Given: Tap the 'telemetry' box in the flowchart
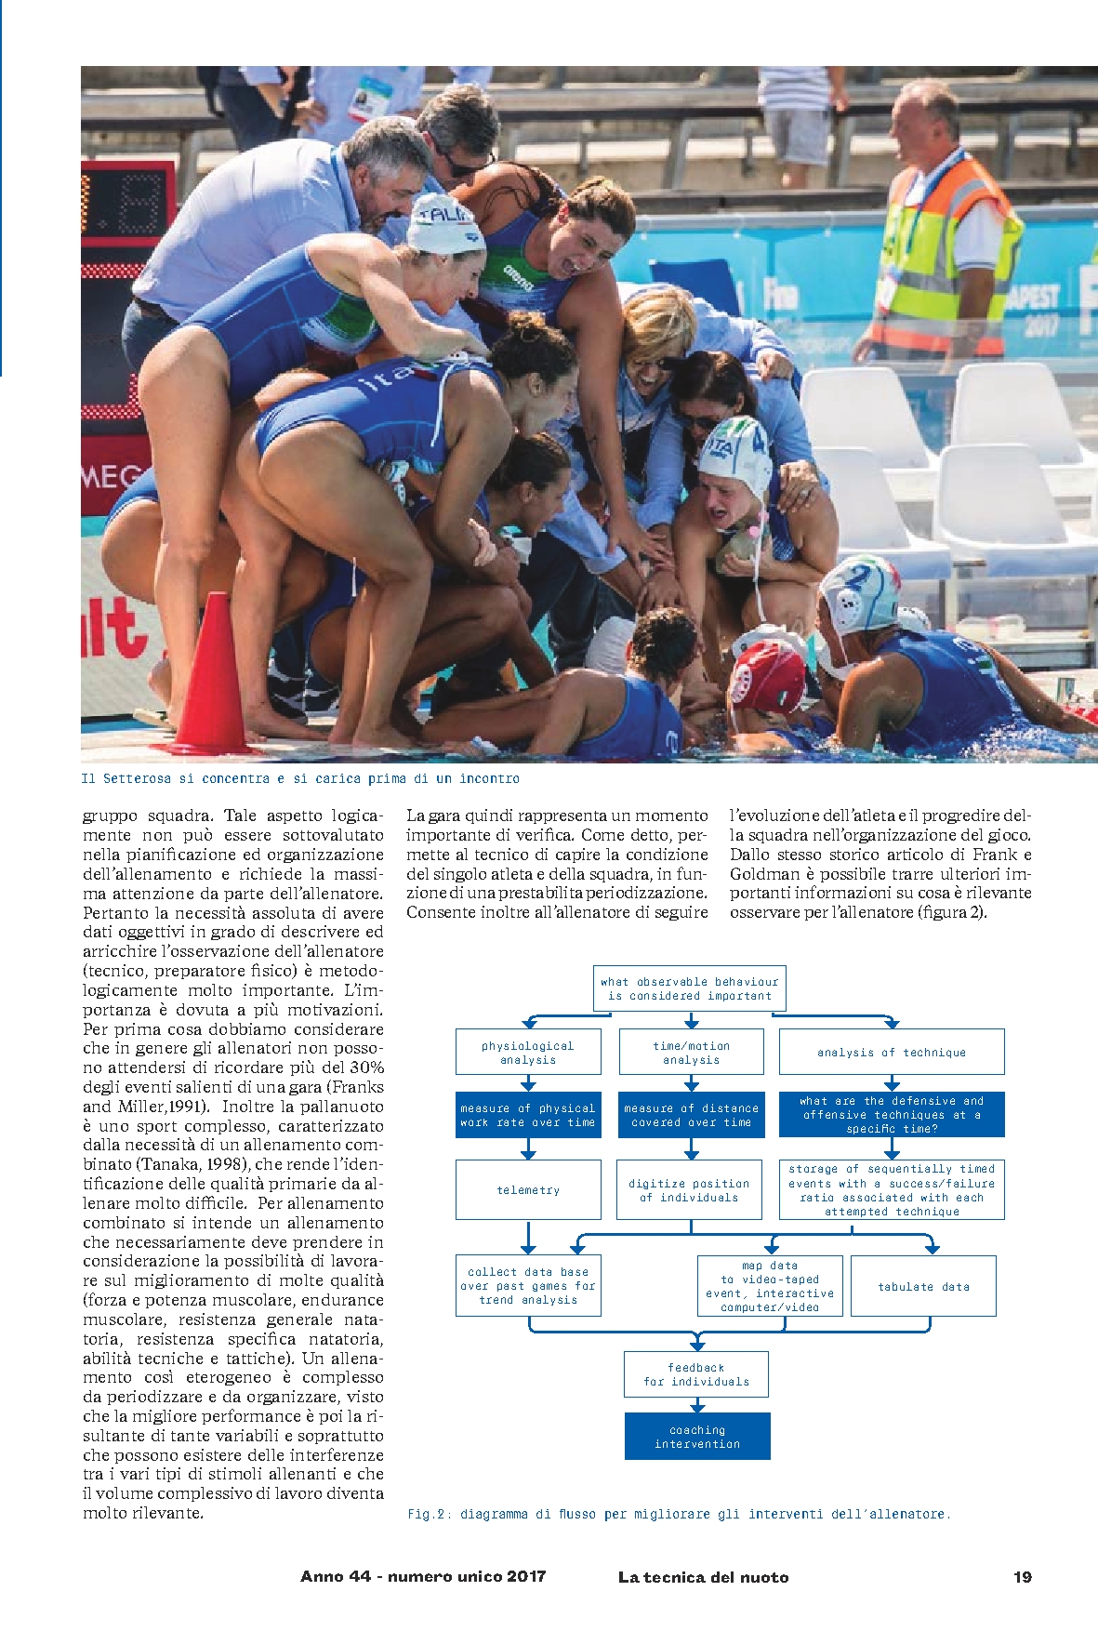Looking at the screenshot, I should [528, 1189].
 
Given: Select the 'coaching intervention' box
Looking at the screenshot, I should [697, 1437].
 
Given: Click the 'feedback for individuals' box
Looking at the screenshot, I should [696, 1374].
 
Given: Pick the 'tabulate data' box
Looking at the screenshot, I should [923, 1286].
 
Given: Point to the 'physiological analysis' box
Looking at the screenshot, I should [528, 1052].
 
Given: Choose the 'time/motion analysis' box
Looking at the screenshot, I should [691, 1052].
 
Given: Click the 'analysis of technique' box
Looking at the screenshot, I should [892, 1052].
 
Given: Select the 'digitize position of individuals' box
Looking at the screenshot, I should [690, 1189].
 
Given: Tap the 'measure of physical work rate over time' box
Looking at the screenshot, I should [528, 1115].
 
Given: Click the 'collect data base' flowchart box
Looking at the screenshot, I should [528, 1285].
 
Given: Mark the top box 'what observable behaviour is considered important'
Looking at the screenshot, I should [690, 988].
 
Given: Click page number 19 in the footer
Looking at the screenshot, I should [1023, 1576].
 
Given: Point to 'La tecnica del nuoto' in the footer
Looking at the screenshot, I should [703, 1576].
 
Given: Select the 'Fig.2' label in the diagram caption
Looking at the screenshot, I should [425, 1514].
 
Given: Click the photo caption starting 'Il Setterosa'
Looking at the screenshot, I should [300, 778].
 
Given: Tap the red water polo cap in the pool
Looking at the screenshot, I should [766, 673].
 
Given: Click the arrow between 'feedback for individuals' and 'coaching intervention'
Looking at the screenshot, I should [697, 1405].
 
